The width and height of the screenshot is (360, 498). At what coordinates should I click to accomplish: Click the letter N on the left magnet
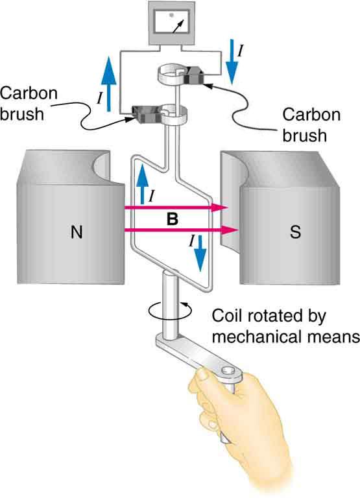[x=77, y=233]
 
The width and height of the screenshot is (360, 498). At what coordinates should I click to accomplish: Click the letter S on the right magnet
[x=296, y=233]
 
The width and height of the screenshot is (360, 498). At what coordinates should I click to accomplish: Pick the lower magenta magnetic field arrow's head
[x=227, y=230]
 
